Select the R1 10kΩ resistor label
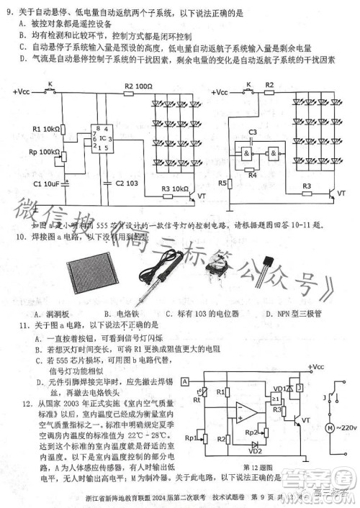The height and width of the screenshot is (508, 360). click(x=46, y=129)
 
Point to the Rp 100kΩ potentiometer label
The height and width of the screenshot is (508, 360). click(x=45, y=152)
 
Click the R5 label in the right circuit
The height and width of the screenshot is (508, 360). click(x=222, y=183)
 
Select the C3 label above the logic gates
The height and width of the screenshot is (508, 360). click(x=252, y=133)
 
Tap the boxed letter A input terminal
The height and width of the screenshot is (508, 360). click(x=185, y=381)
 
